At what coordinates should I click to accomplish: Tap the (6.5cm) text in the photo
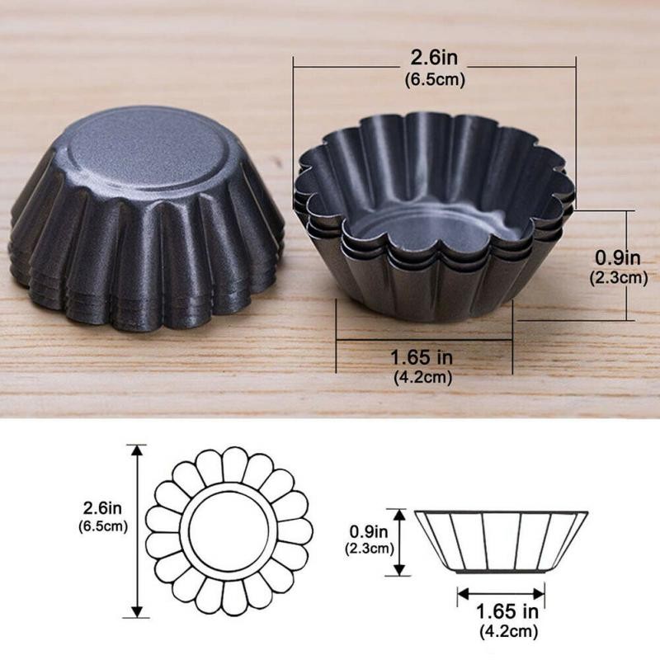(435, 80)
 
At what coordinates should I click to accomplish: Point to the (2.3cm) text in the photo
(618, 278)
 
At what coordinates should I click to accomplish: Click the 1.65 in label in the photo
(422, 360)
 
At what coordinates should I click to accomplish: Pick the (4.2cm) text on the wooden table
(422, 378)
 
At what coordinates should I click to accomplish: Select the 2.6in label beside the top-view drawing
(104, 508)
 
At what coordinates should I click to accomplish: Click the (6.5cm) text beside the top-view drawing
(104, 526)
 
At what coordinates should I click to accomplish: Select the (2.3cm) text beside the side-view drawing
(370, 548)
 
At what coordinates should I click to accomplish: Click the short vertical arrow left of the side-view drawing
(401, 542)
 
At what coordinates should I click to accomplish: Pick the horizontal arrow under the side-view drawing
(501, 593)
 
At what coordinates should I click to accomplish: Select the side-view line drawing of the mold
(501, 541)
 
